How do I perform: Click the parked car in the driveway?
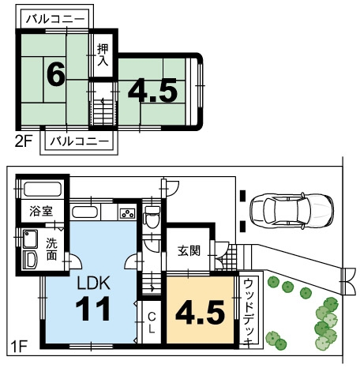(291, 210)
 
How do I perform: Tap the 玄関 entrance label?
(189, 251)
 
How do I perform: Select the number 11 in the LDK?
(93, 308)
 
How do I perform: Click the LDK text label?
(93, 283)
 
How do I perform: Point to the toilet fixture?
(152, 216)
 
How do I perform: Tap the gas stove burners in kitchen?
(128, 213)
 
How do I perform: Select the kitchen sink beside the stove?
(84, 212)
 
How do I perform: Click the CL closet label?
(152, 323)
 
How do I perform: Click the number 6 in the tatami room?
(55, 74)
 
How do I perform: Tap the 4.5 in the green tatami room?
(152, 91)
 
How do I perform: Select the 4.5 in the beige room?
(200, 313)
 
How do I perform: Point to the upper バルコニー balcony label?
(55, 19)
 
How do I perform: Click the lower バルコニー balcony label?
(79, 141)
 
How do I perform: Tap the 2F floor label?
(24, 142)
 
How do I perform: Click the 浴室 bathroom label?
(41, 211)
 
